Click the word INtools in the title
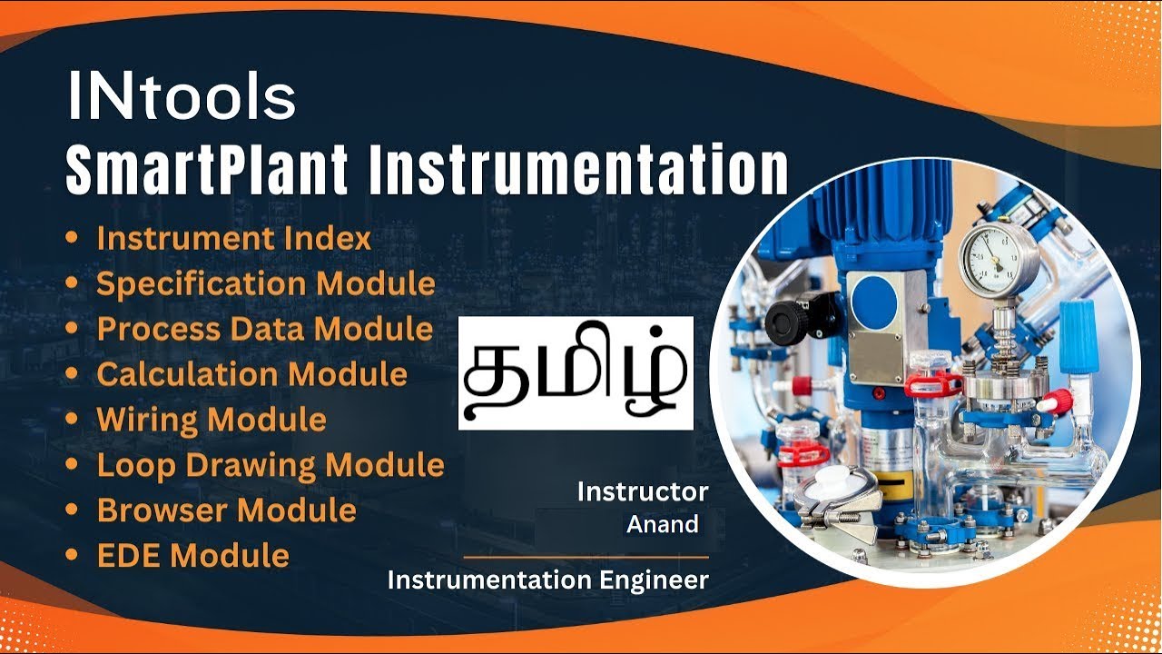pos(182,97)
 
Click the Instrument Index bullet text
pos(233,238)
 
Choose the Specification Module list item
pos(265,283)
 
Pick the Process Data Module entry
pos(264,329)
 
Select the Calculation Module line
pos(251,374)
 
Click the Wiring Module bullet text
pos(211,420)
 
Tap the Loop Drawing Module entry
pos(270,465)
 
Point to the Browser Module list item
pos(226,510)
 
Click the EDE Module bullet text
pos(192,555)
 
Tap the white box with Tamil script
pos(576,373)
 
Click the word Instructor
pos(642,492)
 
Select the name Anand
pos(663,524)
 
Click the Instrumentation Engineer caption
pos(547,580)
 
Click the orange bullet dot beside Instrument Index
pos(72,238)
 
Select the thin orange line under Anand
pos(586,557)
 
